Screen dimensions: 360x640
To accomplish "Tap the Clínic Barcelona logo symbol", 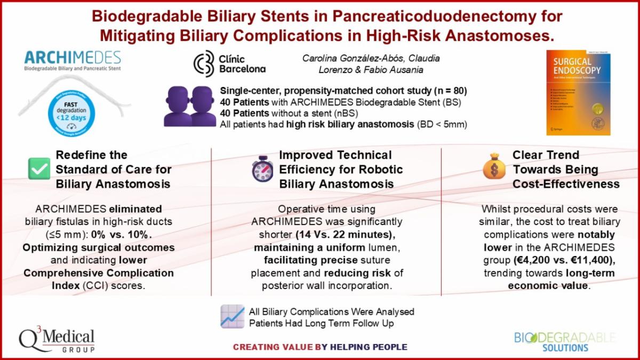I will point(203,63).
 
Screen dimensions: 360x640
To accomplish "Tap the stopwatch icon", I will point(262,170).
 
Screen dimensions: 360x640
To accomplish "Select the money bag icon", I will point(493,167).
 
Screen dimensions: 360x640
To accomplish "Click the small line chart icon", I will point(233,316).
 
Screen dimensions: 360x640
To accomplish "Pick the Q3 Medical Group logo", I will point(58,340).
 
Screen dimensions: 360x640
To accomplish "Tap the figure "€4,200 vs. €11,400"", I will point(555,261).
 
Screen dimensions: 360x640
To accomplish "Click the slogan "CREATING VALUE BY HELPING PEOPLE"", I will point(319,347).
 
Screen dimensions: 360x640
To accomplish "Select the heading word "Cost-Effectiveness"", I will point(566,184).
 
